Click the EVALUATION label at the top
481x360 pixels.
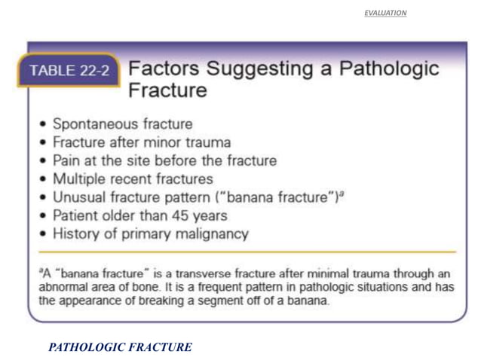(384, 13)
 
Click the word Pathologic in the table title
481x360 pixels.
(389, 69)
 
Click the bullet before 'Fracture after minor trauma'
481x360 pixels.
(44, 142)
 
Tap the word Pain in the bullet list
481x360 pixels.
(66, 160)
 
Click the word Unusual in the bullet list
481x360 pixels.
(78, 197)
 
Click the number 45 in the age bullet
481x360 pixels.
(179, 215)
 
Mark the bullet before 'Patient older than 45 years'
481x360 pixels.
(44, 216)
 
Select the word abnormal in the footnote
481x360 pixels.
(62, 286)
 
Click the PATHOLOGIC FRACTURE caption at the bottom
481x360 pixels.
(120, 347)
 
